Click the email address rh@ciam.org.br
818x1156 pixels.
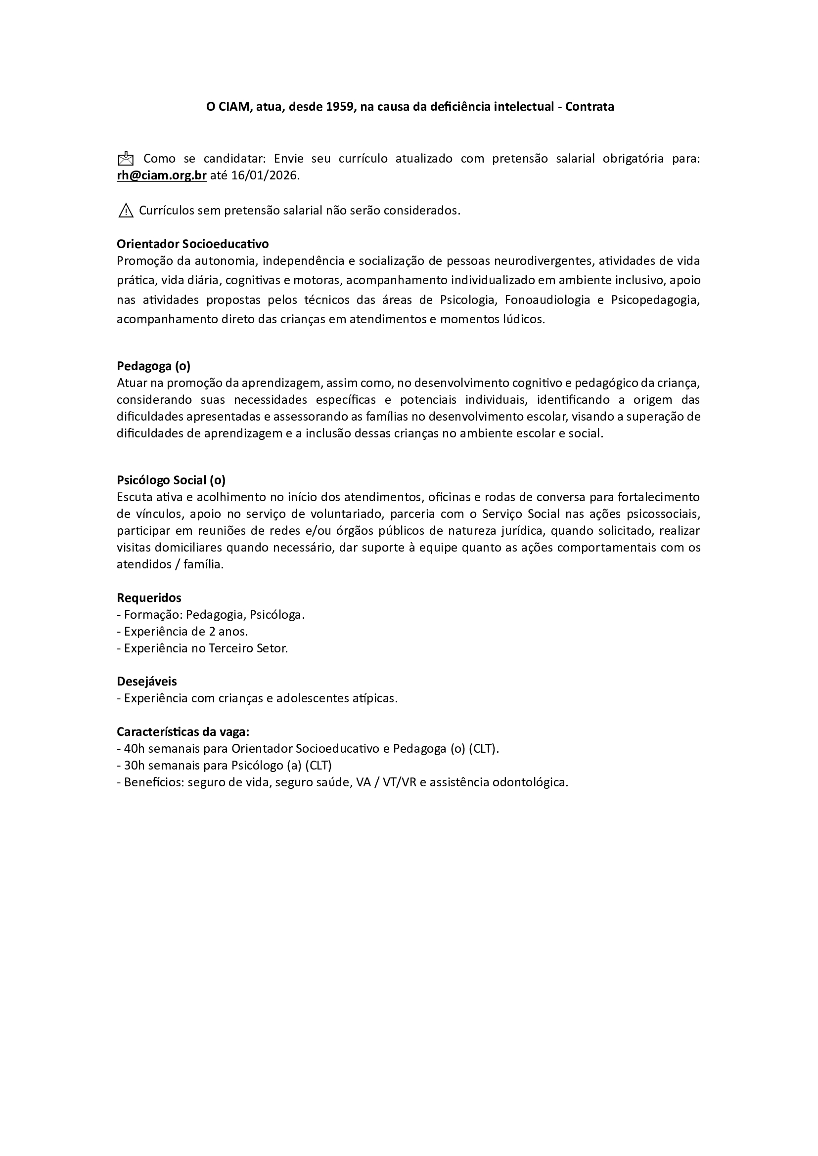click(162, 176)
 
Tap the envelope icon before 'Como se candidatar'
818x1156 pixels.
click(126, 159)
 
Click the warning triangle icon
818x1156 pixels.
click(126, 211)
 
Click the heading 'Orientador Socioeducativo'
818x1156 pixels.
click(192, 244)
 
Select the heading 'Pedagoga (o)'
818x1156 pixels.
click(154, 366)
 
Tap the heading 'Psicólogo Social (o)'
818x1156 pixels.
click(171, 480)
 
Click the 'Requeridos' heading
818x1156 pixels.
click(149, 598)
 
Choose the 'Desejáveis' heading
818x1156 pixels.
click(146, 681)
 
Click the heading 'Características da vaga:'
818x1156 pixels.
click(183, 731)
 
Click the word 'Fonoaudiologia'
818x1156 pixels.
click(547, 300)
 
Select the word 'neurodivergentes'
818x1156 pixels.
click(539, 261)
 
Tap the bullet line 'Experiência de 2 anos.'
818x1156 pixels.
click(186, 631)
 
